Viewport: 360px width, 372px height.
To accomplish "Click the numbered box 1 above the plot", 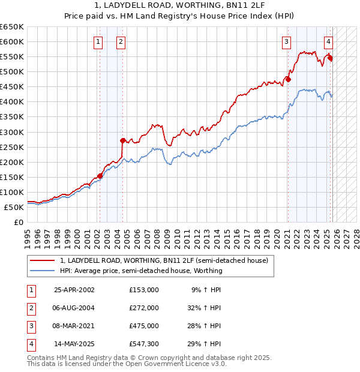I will [98, 42].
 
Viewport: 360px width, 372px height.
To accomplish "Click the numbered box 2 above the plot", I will [121, 42].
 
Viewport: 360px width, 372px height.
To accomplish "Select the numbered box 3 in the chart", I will [287, 42].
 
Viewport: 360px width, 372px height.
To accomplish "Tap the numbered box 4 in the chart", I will [329, 42].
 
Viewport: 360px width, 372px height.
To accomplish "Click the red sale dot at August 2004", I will [122, 140].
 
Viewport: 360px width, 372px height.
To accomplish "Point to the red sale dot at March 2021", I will [288, 79].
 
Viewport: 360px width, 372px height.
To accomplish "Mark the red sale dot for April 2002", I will [100, 176].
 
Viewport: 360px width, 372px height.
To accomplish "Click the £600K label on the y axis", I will [11, 42].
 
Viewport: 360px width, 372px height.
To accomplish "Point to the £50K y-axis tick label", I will [14, 208].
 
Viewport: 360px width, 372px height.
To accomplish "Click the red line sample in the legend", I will [43, 260].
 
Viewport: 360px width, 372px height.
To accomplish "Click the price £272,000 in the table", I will [143, 308].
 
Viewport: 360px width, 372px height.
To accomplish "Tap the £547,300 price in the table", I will [143, 344].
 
